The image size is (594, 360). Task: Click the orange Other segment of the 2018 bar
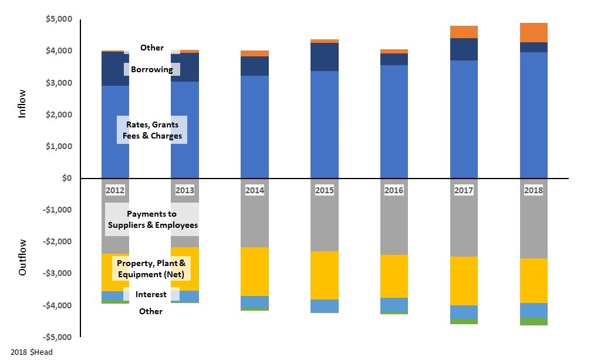534,32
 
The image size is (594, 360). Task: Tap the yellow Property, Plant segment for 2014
255,271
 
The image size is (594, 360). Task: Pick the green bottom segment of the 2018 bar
534,321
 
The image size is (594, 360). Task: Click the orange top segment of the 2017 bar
464,32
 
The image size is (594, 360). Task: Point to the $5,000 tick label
59,19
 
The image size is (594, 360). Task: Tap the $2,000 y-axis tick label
59,115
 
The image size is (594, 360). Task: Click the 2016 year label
394,190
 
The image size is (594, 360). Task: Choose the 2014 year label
255,190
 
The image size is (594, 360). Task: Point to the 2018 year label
534,190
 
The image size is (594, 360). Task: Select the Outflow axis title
22,257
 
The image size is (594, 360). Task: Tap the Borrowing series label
151,69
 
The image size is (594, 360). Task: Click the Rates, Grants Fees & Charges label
151,130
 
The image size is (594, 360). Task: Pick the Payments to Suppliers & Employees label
151,219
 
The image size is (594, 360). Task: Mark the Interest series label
151,294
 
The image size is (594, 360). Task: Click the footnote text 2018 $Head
32,352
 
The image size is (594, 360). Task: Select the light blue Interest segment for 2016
394,304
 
